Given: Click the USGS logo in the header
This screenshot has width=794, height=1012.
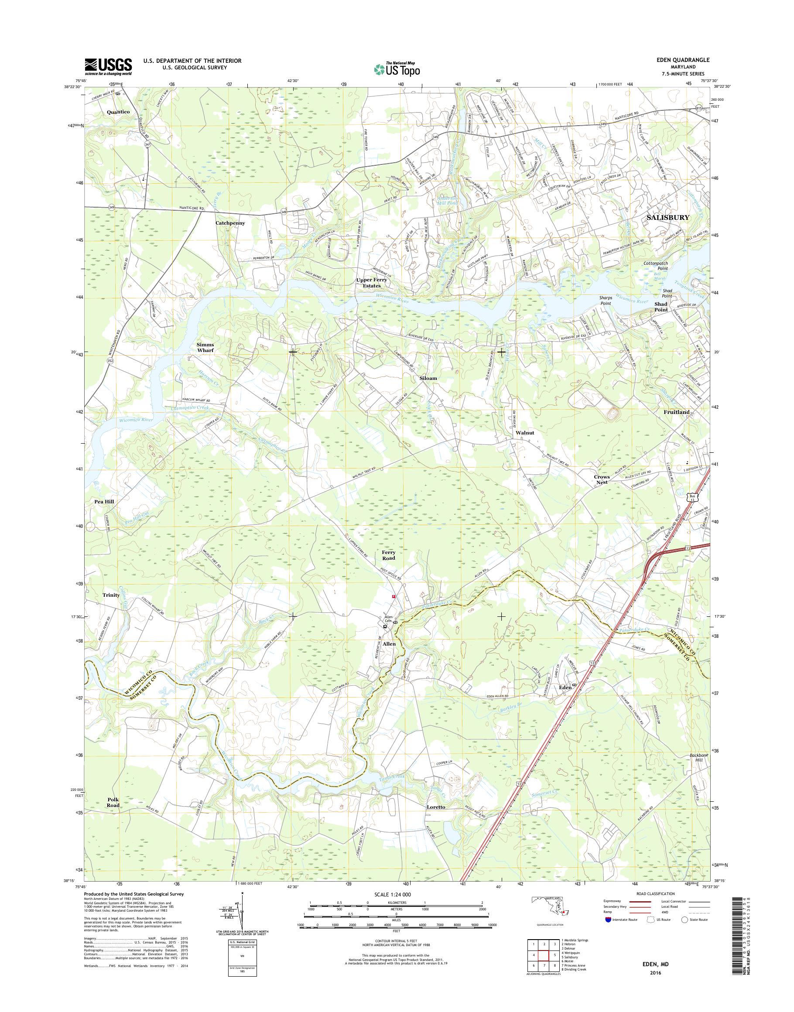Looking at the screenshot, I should (108, 67).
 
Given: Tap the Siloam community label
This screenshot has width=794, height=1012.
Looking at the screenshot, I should (428, 378).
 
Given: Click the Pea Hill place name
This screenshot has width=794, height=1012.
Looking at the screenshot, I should (104, 502).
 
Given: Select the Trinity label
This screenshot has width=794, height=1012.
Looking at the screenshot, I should (111, 595).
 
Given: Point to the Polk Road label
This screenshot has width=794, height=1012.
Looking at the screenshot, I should (113, 802).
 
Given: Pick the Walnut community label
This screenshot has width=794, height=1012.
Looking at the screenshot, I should (524, 432).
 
